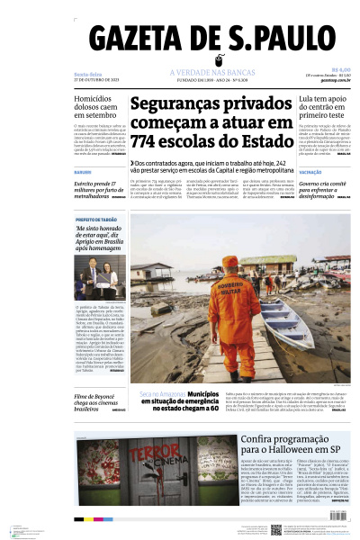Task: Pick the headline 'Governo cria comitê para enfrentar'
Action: pos(325,190)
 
